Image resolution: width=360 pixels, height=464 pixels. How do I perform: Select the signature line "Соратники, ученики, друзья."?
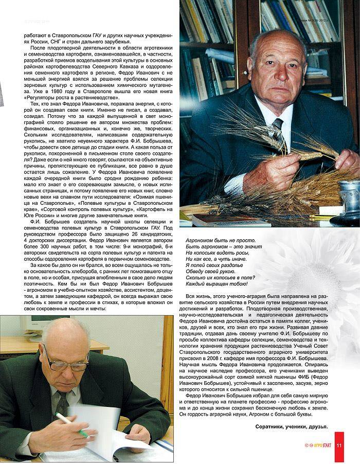coord(291,427)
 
